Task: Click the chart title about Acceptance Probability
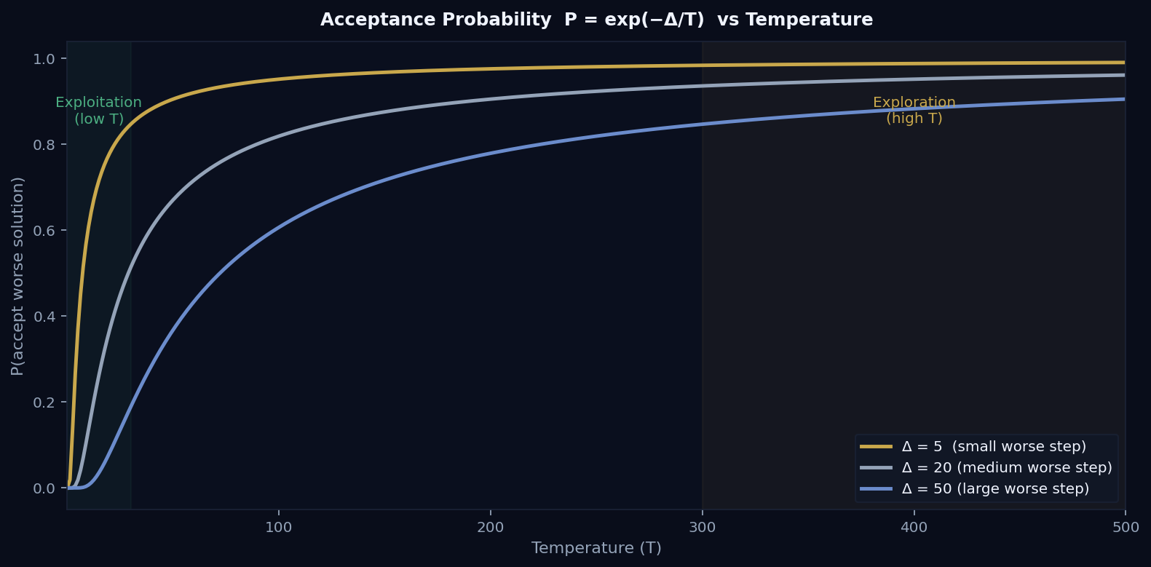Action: [596, 20]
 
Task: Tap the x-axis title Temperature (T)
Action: [596, 548]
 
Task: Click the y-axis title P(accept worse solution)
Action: [17, 276]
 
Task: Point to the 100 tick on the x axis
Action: [278, 527]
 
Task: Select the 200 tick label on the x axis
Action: [490, 527]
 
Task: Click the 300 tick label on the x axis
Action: [702, 527]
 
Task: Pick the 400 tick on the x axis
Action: [914, 527]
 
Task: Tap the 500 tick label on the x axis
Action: [1126, 527]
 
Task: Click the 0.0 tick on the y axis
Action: [44, 488]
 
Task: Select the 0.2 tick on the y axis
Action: [44, 403]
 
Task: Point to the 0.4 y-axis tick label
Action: [44, 317]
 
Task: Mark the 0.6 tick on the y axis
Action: [44, 231]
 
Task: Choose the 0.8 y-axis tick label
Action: [44, 145]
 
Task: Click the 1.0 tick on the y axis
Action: [44, 59]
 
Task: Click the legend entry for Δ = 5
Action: [993, 446]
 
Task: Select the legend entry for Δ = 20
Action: [1006, 467]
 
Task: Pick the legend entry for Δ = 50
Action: [994, 488]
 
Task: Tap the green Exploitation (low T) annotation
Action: [98, 111]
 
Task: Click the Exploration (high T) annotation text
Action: [914, 111]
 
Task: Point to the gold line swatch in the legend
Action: [876, 446]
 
